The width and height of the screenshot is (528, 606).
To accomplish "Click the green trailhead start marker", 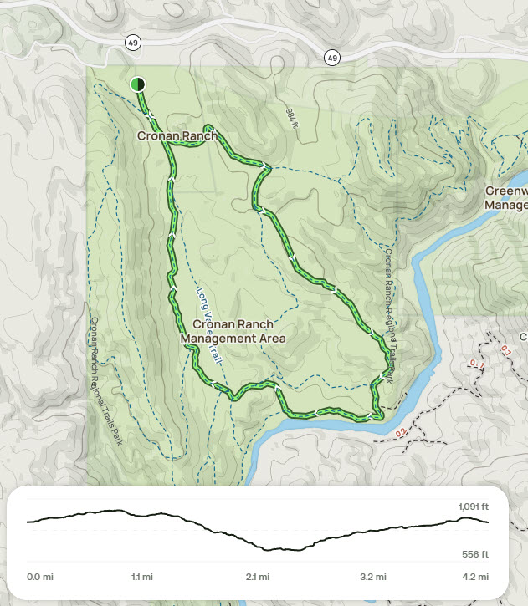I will [138, 84].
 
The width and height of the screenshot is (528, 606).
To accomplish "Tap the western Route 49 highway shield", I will [132, 42].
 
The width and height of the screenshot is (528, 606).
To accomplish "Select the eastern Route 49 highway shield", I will [332, 57].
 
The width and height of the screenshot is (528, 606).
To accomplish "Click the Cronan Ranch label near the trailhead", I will [177, 136].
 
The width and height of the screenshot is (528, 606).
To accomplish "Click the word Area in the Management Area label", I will [272, 339].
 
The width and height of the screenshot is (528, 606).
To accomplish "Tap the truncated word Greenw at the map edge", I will [506, 191].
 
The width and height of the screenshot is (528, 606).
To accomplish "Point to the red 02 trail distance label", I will [401, 432].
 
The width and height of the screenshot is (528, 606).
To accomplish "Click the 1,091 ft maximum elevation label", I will [473, 507].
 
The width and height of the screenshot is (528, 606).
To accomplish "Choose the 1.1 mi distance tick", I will [141, 577].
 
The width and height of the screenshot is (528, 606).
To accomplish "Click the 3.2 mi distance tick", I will [372, 577].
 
